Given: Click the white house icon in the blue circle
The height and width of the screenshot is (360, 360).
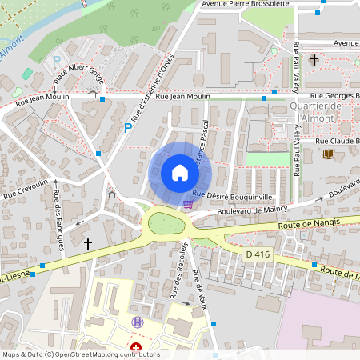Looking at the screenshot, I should (179, 173).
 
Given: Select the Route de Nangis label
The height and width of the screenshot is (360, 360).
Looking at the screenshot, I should (310, 222).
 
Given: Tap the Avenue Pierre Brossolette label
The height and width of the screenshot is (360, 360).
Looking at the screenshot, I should (245, 4).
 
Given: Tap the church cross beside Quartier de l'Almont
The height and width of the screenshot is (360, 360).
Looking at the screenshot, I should (314, 60).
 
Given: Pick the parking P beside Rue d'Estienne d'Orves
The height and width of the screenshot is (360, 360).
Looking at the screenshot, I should (127, 127).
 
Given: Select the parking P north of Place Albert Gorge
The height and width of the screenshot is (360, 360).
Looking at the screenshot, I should (56, 61).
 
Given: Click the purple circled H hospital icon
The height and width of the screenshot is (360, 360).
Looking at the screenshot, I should (137, 322).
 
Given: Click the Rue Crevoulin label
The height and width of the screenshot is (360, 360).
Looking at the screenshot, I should (26, 188).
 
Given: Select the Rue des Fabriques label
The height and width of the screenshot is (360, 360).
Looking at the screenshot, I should (58, 220).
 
